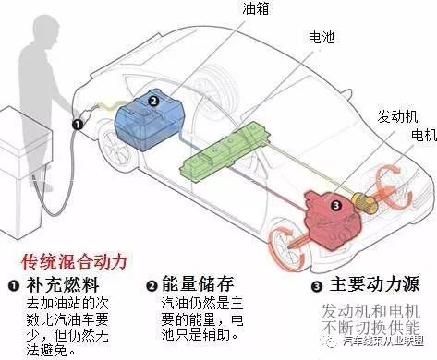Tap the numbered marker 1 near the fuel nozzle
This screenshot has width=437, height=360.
pos(79,124)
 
